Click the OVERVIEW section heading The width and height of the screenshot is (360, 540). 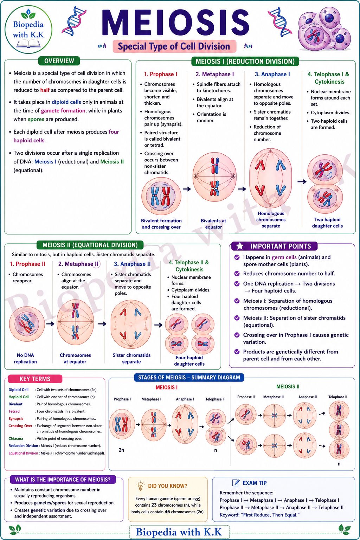[x=59, y=61]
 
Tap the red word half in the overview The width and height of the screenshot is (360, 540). [x=45, y=90]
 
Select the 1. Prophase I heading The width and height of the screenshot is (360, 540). [x=161, y=74]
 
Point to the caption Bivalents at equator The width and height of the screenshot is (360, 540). [x=213, y=224]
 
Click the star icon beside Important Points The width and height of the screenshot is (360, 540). [x=240, y=246]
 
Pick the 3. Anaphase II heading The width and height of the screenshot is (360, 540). [x=133, y=264]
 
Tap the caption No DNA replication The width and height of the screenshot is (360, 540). [x=25, y=358]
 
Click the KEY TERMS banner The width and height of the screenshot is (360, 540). [x=35, y=379]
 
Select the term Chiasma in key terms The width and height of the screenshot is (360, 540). [x=16, y=438]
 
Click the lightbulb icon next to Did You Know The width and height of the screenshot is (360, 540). [x=140, y=486]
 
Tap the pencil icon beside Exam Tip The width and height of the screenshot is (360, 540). [x=236, y=483]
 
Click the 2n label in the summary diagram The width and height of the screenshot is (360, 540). [x=121, y=450]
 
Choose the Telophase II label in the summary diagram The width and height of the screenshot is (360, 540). [x=338, y=397]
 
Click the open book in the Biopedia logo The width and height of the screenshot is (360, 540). [x=29, y=44]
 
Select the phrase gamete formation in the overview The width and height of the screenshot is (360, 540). [x=63, y=111]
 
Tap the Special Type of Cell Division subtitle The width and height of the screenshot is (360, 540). [x=174, y=46]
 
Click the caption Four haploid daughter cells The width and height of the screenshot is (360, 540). [x=189, y=361]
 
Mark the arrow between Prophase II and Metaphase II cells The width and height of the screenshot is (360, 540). [x=50, y=324]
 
